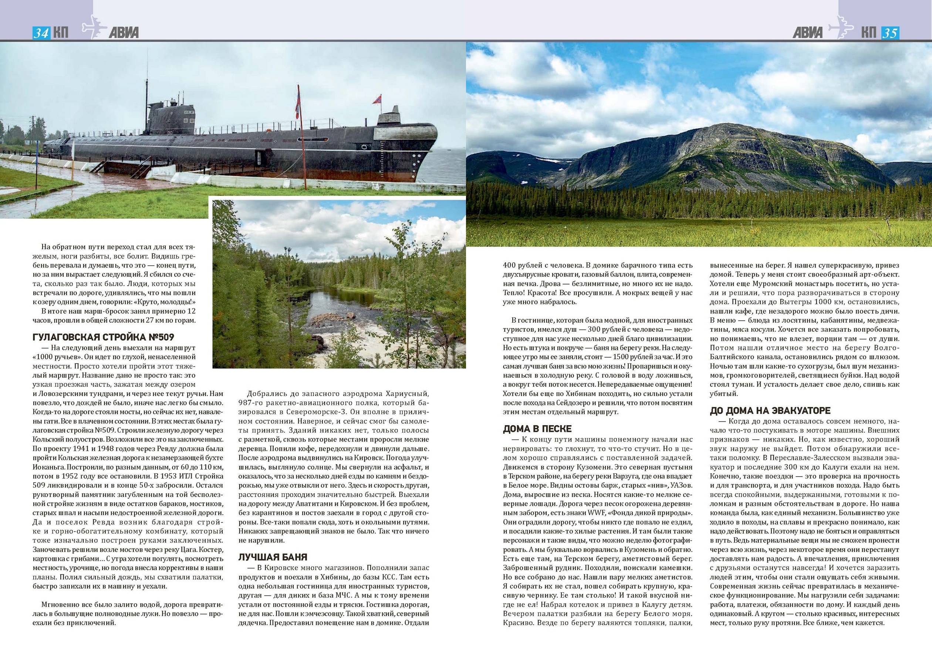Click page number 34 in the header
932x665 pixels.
41,33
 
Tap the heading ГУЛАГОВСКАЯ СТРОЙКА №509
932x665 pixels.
103,337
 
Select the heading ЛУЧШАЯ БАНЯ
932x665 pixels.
273,557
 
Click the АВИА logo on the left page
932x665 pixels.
124,33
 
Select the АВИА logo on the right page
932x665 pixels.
807,33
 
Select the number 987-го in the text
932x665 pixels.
251,403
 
